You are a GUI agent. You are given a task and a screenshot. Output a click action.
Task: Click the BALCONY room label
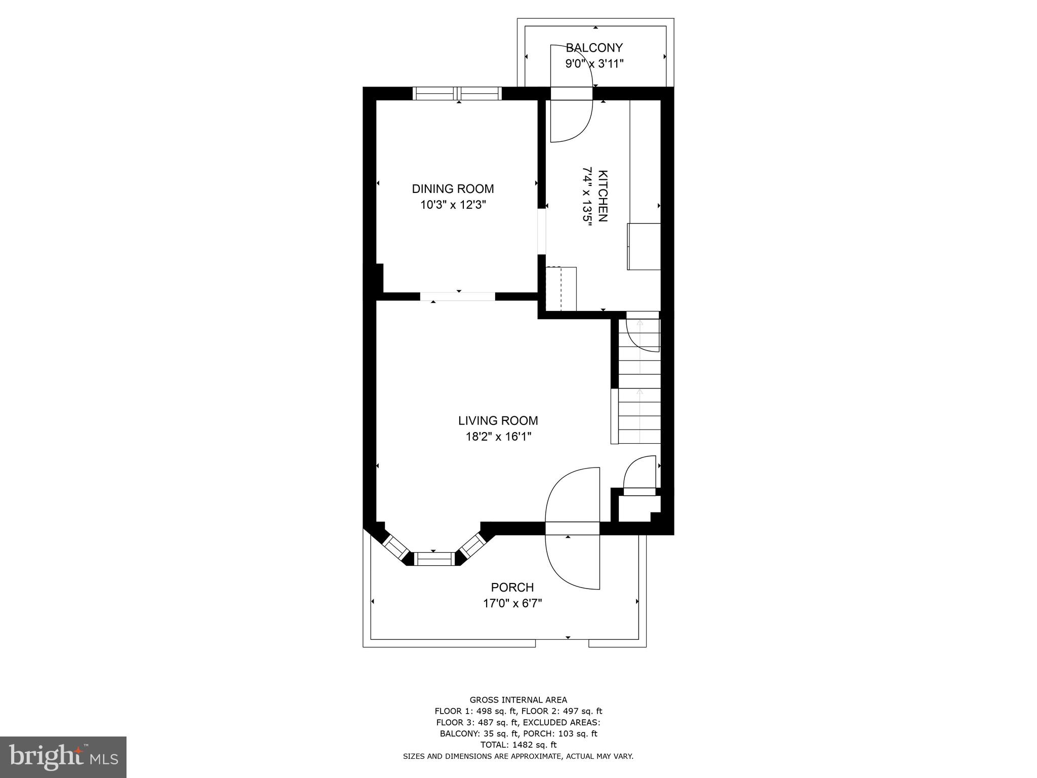(594, 48)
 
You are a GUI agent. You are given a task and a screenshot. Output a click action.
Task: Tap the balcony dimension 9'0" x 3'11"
(594, 64)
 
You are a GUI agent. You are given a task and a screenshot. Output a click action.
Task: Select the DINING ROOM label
(453, 189)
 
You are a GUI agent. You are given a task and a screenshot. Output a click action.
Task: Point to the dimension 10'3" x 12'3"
(453, 205)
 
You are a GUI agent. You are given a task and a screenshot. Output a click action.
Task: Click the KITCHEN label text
(603, 196)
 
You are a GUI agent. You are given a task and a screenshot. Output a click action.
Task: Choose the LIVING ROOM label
(498, 420)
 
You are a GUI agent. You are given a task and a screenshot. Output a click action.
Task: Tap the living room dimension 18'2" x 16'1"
(498, 437)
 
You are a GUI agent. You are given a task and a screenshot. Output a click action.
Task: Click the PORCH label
(512, 588)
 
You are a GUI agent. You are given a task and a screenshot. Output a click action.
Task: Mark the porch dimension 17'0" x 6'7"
(512, 604)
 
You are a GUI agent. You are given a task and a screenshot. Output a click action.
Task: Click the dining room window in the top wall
(457, 93)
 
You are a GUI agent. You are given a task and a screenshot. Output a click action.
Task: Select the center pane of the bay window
(434, 559)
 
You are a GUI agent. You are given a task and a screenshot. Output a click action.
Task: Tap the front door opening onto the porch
(572, 528)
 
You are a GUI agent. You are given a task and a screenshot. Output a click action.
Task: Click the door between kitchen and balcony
(571, 94)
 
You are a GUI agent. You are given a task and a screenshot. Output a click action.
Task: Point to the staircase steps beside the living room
(640, 400)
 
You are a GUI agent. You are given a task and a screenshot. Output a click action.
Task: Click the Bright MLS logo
(63, 757)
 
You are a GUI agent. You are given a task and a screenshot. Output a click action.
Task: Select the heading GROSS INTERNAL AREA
(518, 700)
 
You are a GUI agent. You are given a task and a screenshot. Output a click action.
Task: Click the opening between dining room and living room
(457, 297)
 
